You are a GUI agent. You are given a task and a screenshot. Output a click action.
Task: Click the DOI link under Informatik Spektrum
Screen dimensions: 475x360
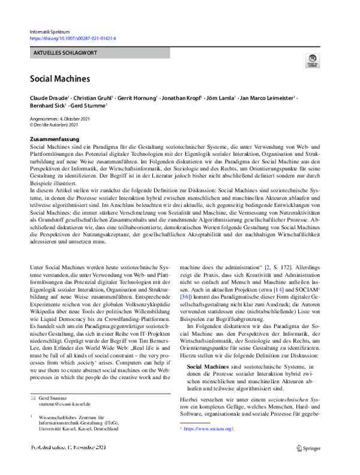[73, 38]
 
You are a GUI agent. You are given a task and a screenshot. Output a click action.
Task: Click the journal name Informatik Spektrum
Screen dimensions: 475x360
[50, 30]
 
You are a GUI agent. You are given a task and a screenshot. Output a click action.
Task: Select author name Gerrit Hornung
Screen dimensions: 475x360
[137, 97]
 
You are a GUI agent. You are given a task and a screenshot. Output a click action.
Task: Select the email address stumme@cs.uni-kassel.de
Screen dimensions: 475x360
[62, 388]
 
